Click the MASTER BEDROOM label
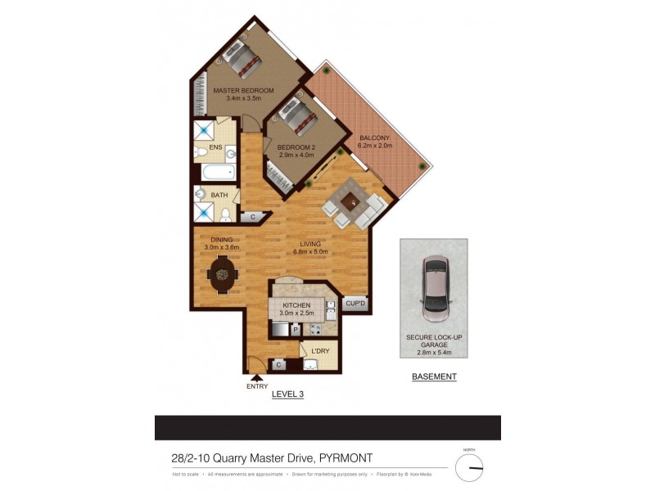[x=243, y=90]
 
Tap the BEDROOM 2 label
[x=296, y=147]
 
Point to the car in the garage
[x=434, y=288]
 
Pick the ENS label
[x=216, y=147]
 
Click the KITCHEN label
[x=296, y=304]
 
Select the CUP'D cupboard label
[x=355, y=303]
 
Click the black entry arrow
[x=257, y=378]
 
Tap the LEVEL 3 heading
[x=287, y=394]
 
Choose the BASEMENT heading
[x=434, y=377]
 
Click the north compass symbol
[x=470, y=467]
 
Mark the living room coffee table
[x=351, y=200]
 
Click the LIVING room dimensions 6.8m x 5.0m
[x=310, y=252]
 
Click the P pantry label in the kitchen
[x=294, y=330]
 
